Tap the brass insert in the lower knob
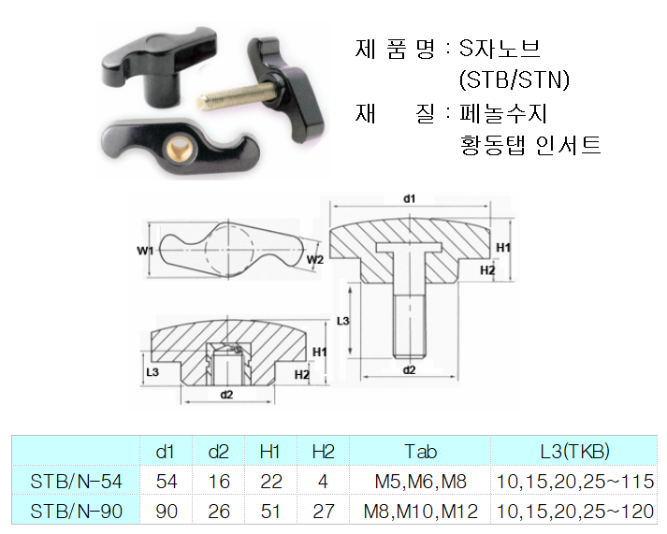coord(180,141)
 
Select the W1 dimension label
coord(144,250)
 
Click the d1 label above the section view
coord(409,198)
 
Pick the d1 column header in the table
coord(166,452)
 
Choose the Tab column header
coord(420,452)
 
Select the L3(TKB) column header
coord(574,452)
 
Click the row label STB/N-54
coord(76,482)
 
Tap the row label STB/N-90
coord(76,512)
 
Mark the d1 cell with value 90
coord(166,512)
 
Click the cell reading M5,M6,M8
coord(420,482)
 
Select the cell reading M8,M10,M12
coord(420,512)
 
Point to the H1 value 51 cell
coord(270,512)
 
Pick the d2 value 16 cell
coord(218,482)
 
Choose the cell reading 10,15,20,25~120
coord(574,512)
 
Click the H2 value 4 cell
coord(323,482)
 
